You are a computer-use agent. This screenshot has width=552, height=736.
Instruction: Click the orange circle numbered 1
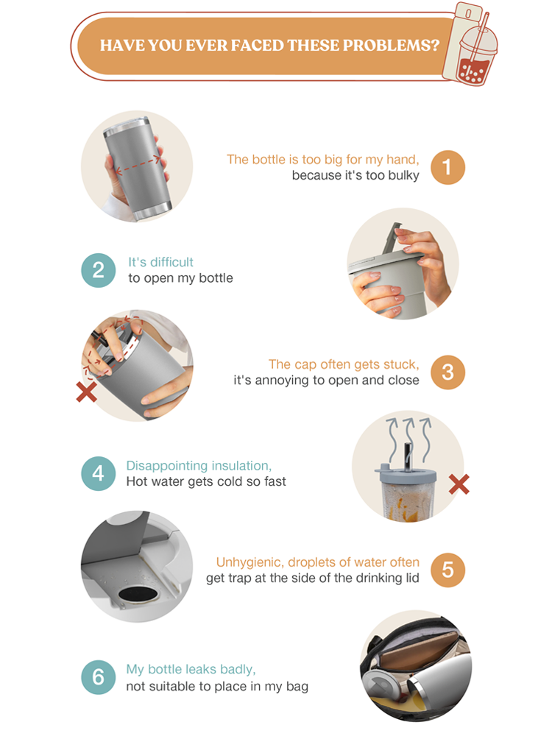coord(447,167)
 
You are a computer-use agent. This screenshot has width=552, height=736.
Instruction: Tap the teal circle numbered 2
coord(98,270)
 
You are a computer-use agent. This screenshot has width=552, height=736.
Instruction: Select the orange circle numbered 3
coord(447,372)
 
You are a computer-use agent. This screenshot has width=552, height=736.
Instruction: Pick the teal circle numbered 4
coord(98,473)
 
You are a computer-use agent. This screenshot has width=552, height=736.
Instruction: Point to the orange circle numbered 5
coord(447,570)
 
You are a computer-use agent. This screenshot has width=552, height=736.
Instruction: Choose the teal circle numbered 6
coord(98,677)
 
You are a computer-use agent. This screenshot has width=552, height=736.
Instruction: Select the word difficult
coord(171,262)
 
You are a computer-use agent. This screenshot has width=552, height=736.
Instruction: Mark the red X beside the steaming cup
coord(459,484)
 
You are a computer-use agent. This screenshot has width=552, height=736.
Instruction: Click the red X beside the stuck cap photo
coord(87,392)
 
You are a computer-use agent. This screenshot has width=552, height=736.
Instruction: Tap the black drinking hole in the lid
coord(138,594)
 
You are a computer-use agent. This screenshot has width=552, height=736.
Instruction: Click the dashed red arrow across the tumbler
coord(138,166)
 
